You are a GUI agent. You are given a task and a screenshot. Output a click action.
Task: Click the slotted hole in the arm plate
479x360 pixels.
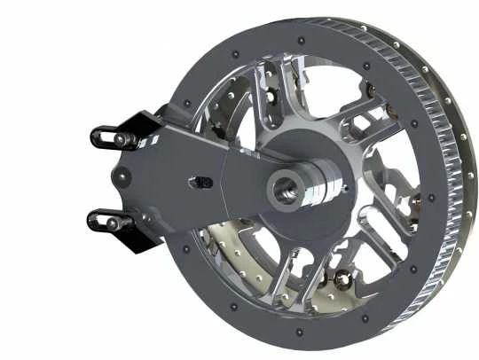(x=202, y=182)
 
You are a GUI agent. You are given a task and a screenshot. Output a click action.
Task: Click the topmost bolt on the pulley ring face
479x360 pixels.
(x=302, y=41)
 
